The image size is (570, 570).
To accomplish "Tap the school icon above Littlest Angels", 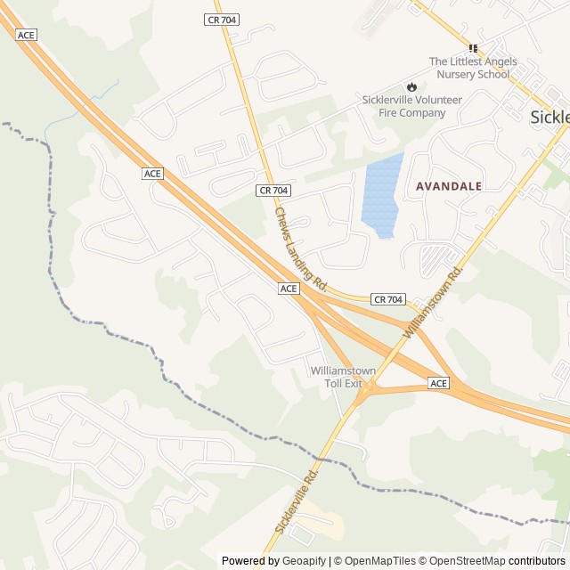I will [474, 48].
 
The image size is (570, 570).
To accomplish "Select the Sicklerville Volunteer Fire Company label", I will [411, 106].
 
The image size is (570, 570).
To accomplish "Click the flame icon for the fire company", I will [411, 86].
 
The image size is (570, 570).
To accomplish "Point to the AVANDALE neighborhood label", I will [449, 186].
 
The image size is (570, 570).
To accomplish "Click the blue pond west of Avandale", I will [381, 196].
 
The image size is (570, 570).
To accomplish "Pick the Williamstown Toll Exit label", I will [343, 377].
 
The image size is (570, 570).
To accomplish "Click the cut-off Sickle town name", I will [550, 117].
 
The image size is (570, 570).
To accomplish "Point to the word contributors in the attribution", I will [537, 561].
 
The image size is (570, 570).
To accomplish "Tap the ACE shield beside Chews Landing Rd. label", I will [288, 289].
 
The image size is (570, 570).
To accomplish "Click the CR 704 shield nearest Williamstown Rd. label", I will [387, 299].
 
